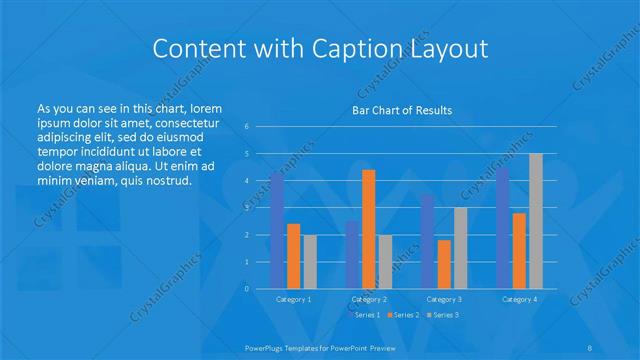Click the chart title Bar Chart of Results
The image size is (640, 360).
(x=402, y=110)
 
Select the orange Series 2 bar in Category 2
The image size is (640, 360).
(x=369, y=229)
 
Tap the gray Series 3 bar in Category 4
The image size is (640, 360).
(x=536, y=221)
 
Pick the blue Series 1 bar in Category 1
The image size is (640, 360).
(x=277, y=231)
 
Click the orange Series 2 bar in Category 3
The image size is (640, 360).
(x=444, y=264)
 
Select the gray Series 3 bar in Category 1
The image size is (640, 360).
(x=310, y=262)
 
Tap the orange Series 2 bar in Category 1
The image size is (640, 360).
(x=294, y=256)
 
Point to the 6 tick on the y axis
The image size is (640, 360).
(x=247, y=127)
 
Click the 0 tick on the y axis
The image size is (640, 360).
(x=247, y=289)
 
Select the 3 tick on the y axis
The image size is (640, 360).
(x=247, y=208)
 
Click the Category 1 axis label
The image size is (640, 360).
(x=294, y=299)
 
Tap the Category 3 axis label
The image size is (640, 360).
(x=444, y=299)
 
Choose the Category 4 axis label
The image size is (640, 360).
(x=519, y=299)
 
